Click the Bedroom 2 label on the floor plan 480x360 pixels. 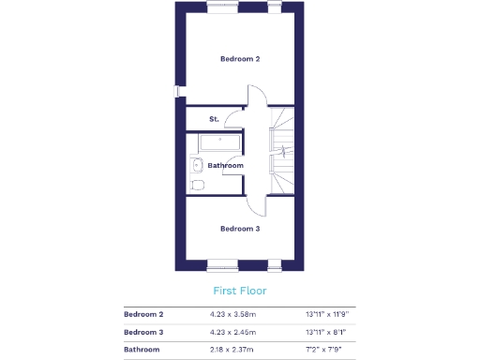(x=240, y=59)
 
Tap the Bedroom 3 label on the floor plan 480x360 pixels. (x=240, y=228)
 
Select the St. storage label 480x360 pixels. (x=214, y=119)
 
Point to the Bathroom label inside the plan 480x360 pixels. (x=225, y=166)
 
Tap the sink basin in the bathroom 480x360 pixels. (x=196, y=166)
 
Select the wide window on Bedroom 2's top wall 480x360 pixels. (x=221, y=5)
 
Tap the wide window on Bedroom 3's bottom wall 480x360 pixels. (x=221, y=262)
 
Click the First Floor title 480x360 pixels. (x=239, y=291)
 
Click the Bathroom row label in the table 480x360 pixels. (x=142, y=350)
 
